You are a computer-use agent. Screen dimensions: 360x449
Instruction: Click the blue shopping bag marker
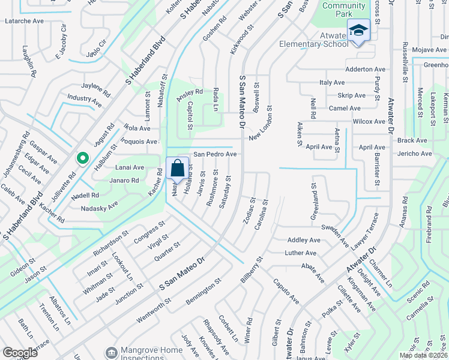point(178,169)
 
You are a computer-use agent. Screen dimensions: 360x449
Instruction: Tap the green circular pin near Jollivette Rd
point(83,158)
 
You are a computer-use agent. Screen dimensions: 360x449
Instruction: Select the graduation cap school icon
point(358,30)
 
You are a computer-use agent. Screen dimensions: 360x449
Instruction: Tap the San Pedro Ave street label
point(214,154)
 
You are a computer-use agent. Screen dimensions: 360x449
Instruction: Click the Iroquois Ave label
point(140,142)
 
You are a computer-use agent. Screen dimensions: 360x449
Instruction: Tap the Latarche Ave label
point(25,21)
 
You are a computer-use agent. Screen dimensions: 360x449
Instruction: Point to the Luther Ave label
point(300,253)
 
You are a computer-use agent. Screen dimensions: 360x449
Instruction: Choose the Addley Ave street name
point(304,240)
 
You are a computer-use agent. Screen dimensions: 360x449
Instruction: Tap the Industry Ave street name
point(85,97)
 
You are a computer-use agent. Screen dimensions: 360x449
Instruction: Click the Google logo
point(20,353)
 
